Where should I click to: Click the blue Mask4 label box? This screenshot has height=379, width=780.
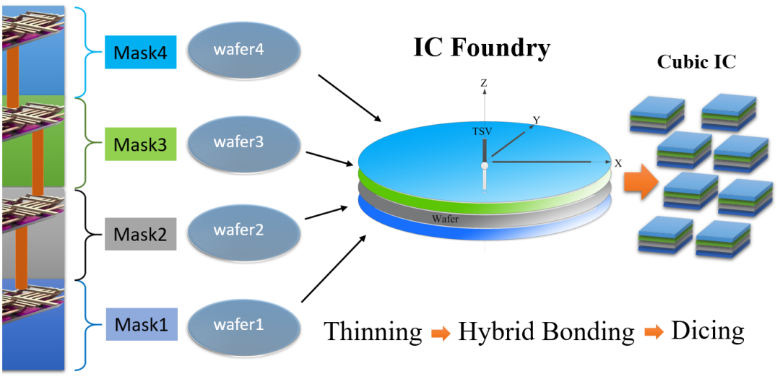(140, 53)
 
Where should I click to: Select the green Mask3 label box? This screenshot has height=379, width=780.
(140, 145)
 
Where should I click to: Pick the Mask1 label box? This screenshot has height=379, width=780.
(140, 324)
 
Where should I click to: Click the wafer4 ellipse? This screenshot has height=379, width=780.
(243, 52)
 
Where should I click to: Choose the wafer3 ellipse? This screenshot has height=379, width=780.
(243, 142)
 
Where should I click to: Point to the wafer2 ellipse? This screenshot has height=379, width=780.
(243, 231)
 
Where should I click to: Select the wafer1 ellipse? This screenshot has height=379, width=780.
(243, 323)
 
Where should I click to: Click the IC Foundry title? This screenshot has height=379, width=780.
(482, 48)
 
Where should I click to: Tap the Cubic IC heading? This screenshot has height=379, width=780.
(696, 62)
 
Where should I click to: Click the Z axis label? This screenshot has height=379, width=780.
(484, 83)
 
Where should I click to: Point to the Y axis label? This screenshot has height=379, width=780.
(536, 120)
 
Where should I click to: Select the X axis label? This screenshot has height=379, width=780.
(618, 163)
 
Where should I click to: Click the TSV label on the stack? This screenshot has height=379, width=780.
(482, 133)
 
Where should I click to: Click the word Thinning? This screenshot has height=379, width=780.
(373, 331)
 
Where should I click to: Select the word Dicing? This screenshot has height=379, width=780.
(707, 331)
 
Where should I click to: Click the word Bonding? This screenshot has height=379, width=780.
(586, 331)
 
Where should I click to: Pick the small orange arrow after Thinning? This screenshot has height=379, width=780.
(440, 333)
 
